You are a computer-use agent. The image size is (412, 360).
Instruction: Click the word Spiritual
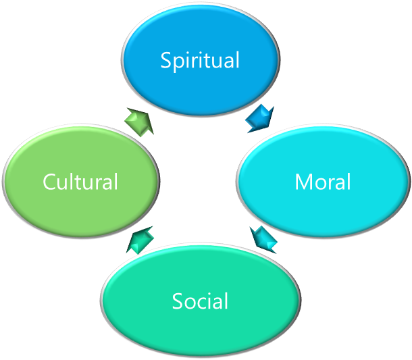tap(200, 61)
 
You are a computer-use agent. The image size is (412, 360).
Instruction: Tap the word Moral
tap(322, 182)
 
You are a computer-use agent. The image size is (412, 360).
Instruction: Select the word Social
tap(200, 301)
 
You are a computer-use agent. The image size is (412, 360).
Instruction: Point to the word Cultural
tap(80, 182)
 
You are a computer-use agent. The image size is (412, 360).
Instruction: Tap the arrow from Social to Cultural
tap(140, 240)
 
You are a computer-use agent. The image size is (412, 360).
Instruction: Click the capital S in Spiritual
tap(166, 60)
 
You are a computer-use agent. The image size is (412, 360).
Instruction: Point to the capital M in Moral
tap(303, 182)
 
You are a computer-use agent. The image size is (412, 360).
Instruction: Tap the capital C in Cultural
tap(49, 182)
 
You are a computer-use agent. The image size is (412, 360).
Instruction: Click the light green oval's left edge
tap(5, 181)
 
